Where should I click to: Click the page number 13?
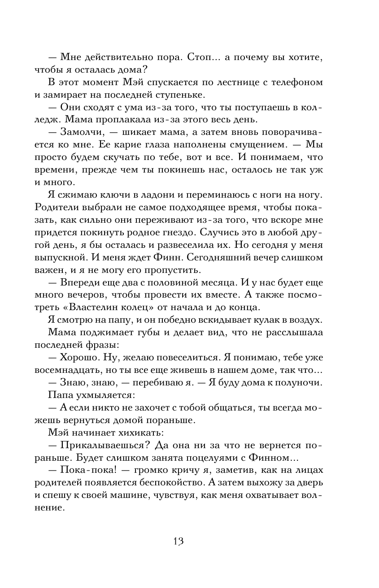[x=178, y=541]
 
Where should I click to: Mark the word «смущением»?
[x=256, y=145]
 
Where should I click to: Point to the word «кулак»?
[x=269, y=320]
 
